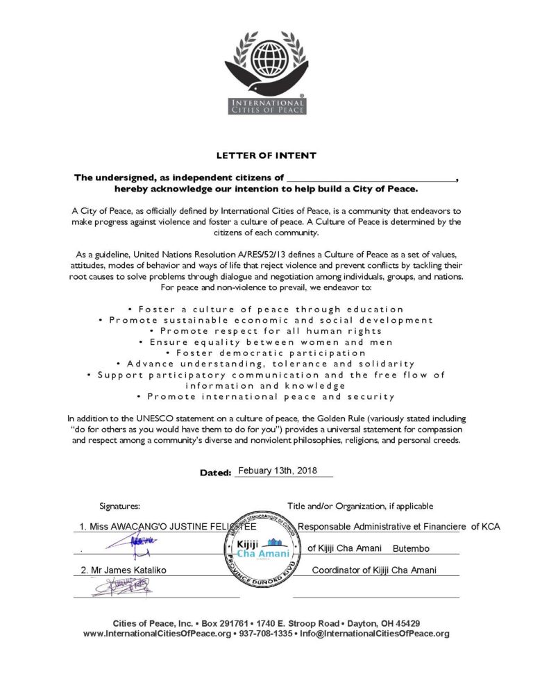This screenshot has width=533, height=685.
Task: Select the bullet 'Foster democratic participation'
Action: click(266, 353)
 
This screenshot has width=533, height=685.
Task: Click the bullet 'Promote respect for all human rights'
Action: click(266, 331)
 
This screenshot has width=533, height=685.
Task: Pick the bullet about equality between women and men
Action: click(266, 342)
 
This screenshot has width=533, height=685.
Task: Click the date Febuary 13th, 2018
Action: click(277, 471)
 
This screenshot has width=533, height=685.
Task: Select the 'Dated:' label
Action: click(214, 473)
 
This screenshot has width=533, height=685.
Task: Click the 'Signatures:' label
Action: click(119, 507)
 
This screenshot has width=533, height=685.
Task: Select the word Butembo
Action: click(411, 549)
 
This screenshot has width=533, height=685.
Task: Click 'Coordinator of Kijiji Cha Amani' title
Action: click(374, 570)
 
